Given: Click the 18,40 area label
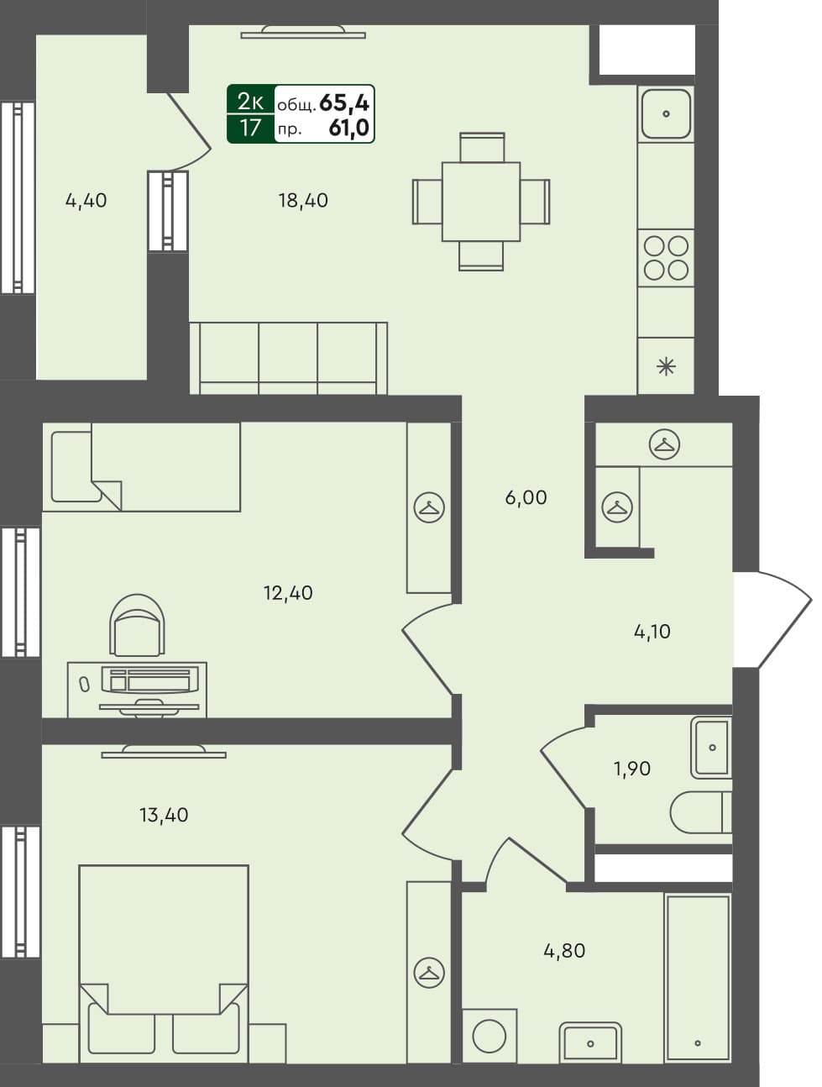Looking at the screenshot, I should pos(303,201).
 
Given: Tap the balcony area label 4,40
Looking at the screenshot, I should pos(86,201).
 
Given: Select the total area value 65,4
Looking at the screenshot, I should pos(344,102).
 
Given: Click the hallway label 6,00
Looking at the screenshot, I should pos(526,498).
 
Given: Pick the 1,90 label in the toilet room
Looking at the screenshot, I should pos(631,769).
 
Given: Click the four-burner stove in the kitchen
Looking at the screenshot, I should pos(666,258).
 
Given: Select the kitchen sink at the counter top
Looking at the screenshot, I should pos(666,113).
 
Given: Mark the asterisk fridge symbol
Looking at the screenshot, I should pos(666,366).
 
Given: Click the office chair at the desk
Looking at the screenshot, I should pos(137,626).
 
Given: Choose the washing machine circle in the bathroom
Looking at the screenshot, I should pos(489,1037).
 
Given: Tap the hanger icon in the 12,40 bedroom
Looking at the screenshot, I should pos(429,507).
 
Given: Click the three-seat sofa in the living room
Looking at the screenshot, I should pos(288,358).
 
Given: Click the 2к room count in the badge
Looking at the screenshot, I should pos(250,102).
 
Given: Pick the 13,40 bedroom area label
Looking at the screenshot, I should pos(164,815).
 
